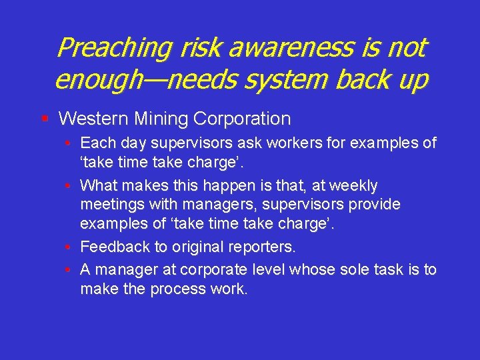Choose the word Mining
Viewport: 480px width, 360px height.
point(160,119)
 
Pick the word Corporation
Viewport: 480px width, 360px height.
point(242,119)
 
